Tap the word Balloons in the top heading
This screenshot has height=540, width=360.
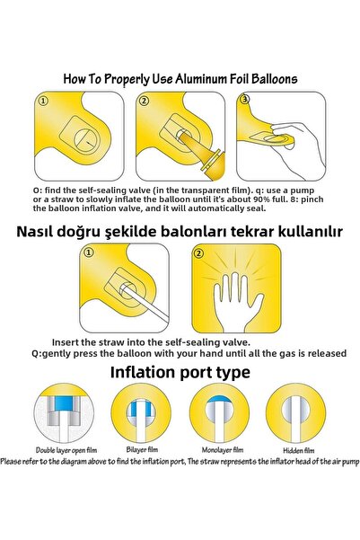(274, 79)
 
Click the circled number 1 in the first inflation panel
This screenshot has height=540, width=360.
(43, 102)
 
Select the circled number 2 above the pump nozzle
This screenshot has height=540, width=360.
(144, 102)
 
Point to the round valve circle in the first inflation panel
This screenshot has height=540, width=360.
(86, 140)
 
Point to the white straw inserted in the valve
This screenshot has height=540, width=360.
(145, 303)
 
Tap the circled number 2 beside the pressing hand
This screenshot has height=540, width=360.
(198, 253)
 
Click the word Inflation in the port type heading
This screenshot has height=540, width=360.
(143, 372)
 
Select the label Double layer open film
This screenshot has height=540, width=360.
(66, 450)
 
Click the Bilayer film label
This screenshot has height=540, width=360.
(142, 449)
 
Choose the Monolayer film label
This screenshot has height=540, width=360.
(223, 450)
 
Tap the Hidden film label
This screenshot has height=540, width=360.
(299, 450)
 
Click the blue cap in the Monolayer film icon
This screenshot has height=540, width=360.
(219, 399)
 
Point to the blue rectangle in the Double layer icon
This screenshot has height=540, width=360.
(64, 403)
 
